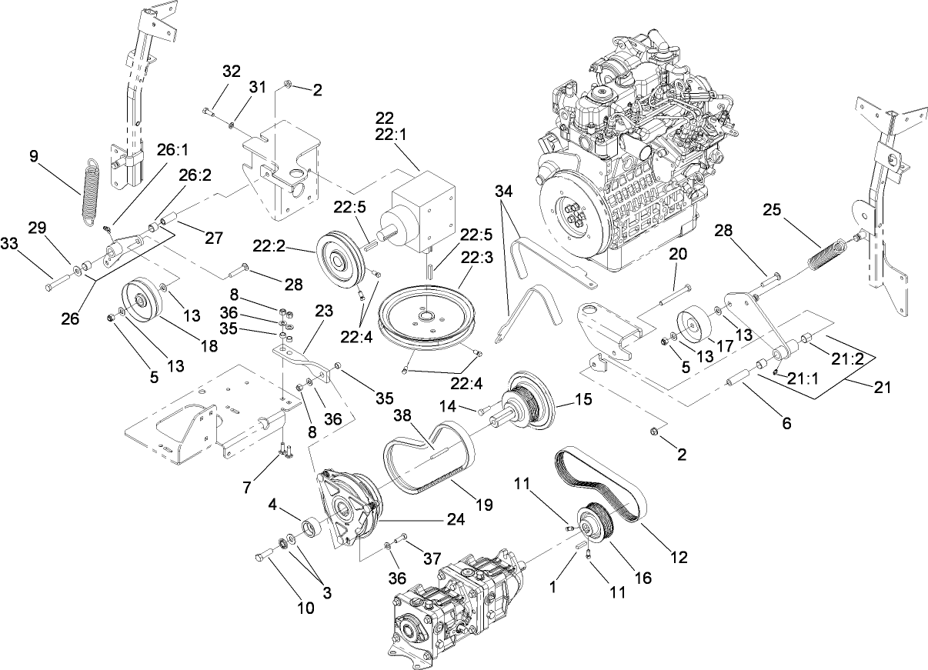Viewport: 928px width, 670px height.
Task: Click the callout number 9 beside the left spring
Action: pyautogui.click(x=34, y=156)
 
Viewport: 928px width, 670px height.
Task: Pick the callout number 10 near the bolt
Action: pyautogui.click(x=305, y=608)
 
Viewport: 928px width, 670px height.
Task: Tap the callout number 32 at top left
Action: pyautogui.click(x=231, y=72)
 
